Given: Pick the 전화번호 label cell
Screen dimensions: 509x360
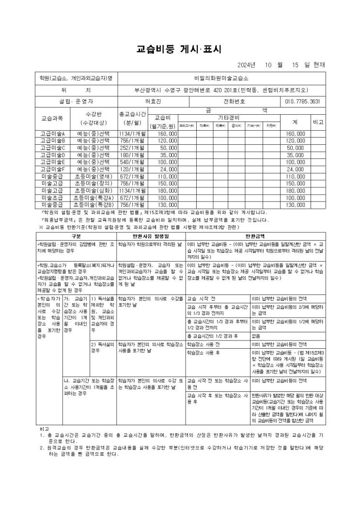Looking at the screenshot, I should [235, 102].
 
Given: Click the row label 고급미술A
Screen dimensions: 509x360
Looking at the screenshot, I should [53, 133].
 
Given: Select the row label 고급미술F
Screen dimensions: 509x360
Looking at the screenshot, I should [53, 170].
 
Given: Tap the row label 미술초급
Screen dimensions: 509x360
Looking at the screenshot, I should [53, 198].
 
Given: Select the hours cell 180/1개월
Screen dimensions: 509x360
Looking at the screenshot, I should [132, 155].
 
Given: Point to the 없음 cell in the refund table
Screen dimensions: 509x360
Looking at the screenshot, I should [255, 336].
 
